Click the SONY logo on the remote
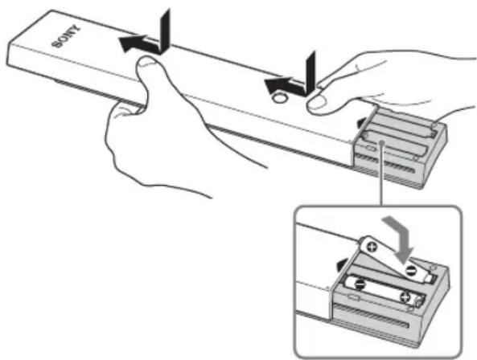click(66, 38)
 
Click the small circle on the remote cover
click(279, 98)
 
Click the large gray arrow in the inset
click(401, 237)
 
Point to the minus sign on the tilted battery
click(410, 269)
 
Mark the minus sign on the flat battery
click(360, 284)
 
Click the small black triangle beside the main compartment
click(361, 122)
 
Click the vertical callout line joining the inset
click(381, 174)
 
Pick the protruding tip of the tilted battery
click(430, 278)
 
